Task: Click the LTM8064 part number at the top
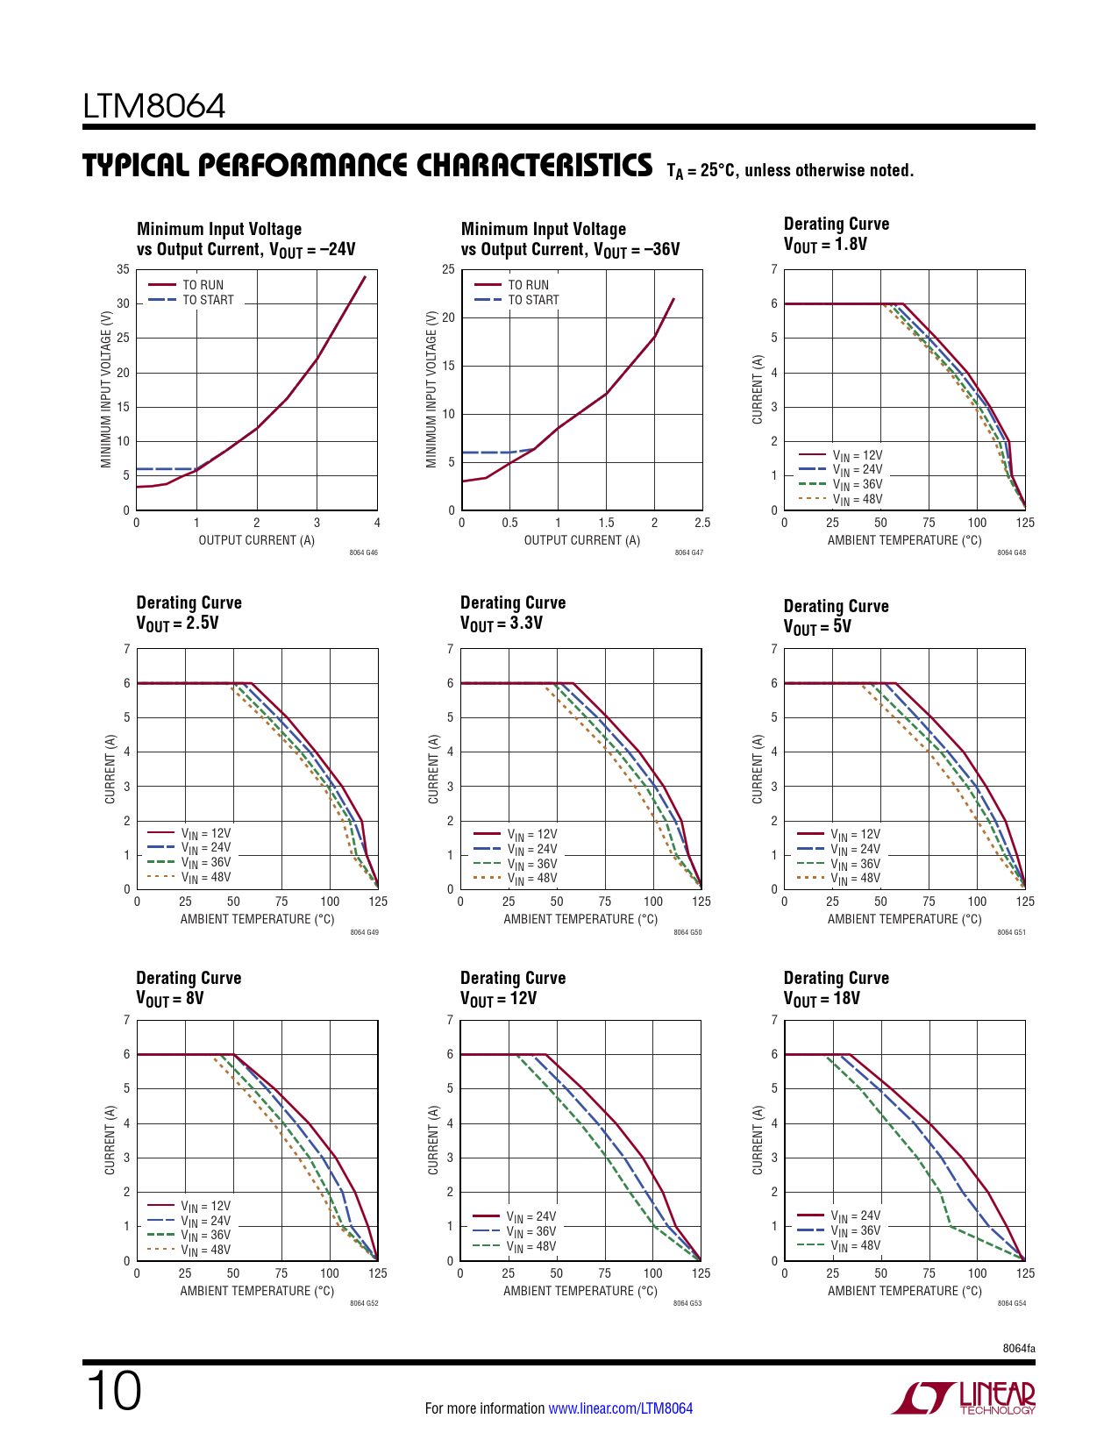tap(154, 107)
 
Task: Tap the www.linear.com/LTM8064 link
tap(620, 1408)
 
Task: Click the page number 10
tap(113, 1392)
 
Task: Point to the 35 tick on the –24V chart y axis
tap(124, 270)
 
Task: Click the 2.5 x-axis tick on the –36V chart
tap(701, 523)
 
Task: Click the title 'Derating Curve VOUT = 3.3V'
tap(513, 612)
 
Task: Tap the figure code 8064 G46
tap(363, 553)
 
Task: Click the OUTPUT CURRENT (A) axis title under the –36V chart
tap(581, 540)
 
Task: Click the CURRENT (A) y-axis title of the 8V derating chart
tap(110, 1140)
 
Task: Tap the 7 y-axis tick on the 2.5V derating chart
tap(127, 649)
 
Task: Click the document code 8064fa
tap(1019, 1348)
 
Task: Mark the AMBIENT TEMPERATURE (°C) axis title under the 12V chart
tap(580, 1291)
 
